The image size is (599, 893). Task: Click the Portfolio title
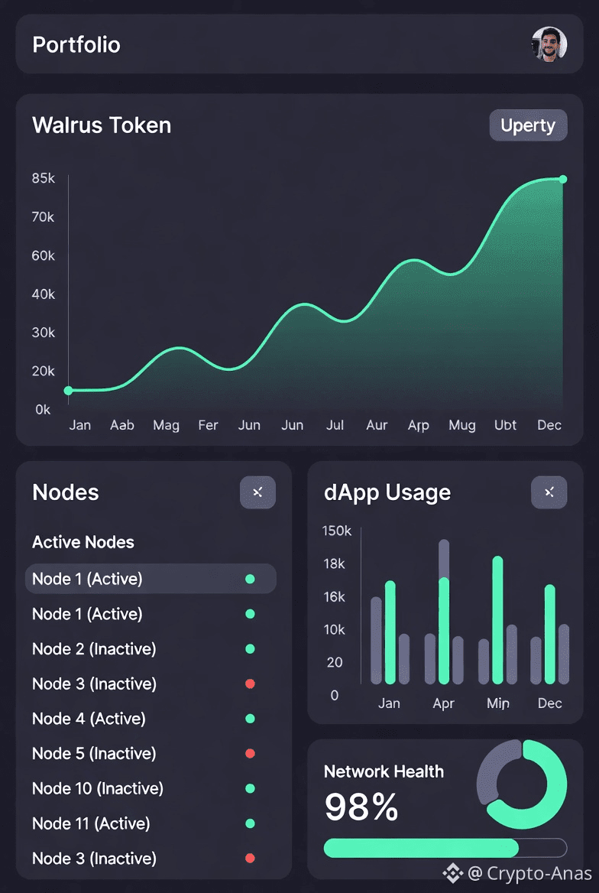76,44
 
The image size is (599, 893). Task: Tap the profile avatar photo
549,44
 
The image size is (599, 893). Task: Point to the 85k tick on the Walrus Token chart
44,179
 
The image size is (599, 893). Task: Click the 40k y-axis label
44,294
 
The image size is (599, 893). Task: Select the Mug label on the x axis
461,425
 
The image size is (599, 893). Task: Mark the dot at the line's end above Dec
563,179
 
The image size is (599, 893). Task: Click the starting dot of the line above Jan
68,391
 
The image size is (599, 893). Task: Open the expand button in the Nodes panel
257,492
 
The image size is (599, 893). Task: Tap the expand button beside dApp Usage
549,492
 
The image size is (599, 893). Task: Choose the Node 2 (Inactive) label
94,649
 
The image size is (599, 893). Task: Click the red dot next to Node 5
250,753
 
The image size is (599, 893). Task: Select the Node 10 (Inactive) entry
98,788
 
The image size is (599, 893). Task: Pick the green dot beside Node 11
250,823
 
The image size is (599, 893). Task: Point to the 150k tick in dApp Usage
336,531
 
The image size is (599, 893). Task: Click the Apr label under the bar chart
443,703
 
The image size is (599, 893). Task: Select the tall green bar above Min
497,619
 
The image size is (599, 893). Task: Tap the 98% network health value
361,807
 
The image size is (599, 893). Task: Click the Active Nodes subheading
83,542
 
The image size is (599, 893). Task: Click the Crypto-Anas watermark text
539,873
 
